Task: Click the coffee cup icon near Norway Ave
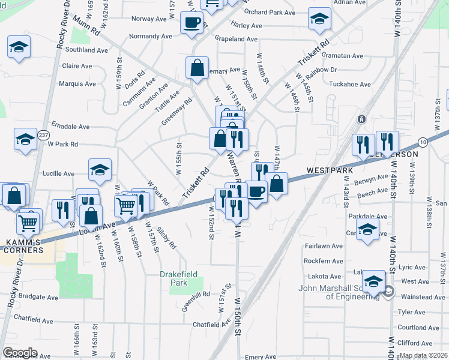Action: [191, 23]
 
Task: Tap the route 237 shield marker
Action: [43, 136]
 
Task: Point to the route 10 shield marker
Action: [424, 142]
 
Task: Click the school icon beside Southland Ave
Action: [19, 47]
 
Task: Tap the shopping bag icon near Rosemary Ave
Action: [197, 68]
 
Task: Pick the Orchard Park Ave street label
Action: [270, 12]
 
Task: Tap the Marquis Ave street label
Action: [77, 83]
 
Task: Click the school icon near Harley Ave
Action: [319, 19]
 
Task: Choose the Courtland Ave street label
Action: [420, 328]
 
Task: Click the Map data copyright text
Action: [423, 355]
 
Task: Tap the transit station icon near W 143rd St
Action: [361, 119]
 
